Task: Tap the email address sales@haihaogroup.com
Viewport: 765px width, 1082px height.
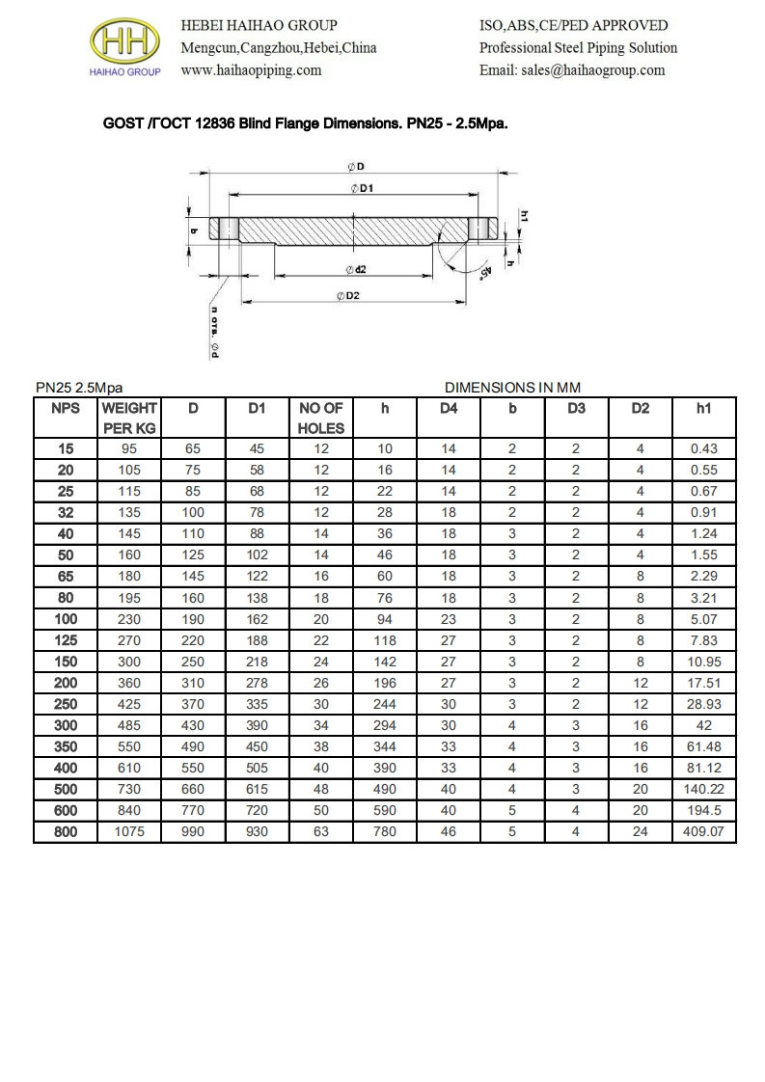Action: click(x=572, y=70)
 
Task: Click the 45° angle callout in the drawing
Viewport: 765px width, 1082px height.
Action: click(x=484, y=274)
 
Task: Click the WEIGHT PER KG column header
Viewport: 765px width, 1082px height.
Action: click(x=129, y=418)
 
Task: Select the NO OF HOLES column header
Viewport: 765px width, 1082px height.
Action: click(x=321, y=418)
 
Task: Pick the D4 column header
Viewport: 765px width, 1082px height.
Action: click(x=449, y=409)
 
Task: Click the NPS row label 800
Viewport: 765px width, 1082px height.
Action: click(x=65, y=831)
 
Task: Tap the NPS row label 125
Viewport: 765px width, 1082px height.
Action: click(x=65, y=640)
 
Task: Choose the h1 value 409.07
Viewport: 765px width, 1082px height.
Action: click(x=703, y=831)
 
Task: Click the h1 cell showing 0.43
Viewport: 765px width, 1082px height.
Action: click(x=703, y=449)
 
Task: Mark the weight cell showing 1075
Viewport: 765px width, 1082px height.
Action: click(x=129, y=831)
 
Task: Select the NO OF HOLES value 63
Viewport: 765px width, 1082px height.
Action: click(x=321, y=831)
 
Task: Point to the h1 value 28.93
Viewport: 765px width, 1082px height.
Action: click(x=703, y=704)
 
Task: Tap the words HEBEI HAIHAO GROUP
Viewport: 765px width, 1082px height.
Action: click(x=260, y=25)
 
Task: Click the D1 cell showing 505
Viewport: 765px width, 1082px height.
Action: click(x=257, y=768)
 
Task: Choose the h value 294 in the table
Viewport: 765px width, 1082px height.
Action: click(x=385, y=725)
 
